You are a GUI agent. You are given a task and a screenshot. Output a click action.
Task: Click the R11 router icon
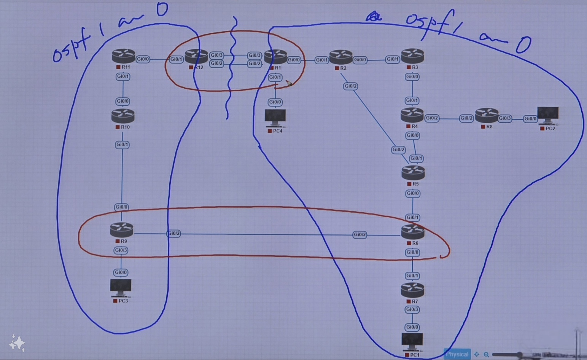pos(123,56)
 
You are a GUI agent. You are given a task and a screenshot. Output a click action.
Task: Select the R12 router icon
pos(196,57)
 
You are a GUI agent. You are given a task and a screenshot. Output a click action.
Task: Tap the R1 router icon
pos(275,57)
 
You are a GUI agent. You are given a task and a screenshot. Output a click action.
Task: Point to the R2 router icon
pos(341,57)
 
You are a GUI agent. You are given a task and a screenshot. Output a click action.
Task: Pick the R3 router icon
pos(412,56)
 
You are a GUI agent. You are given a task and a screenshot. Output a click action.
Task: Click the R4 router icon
pos(412,115)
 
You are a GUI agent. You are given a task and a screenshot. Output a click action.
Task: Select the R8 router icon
pos(487,115)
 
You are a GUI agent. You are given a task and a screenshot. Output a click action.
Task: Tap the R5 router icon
pos(413,173)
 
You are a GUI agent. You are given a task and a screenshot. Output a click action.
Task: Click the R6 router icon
pos(413,231)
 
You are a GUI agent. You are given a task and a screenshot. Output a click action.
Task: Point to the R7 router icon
pos(412,290)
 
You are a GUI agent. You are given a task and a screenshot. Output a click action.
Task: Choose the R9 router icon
pos(122,230)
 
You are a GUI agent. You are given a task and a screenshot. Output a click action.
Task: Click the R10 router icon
pos(123,116)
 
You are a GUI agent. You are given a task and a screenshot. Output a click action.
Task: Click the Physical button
pos(457,354)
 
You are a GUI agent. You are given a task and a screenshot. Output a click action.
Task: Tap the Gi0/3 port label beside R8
pos(505,118)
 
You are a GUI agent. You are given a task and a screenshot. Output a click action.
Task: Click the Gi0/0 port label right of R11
pos(143,59)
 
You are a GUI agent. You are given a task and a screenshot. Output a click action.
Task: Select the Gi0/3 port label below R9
pos(121,250)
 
